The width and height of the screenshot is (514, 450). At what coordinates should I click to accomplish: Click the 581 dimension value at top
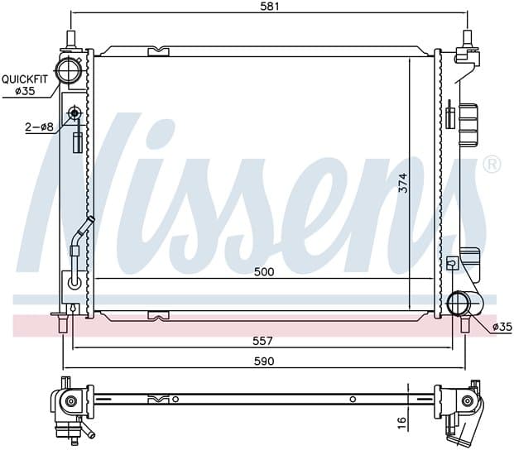(270, 7)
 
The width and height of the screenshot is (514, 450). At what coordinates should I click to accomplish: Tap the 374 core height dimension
(403, 183)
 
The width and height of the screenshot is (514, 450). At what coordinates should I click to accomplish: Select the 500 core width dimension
(264, 272)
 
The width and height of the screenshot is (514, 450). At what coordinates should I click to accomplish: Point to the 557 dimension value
(262, 342)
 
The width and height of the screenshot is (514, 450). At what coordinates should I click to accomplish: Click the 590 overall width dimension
(264, 361)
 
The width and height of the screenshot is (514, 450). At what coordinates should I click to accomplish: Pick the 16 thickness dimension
(402, 423)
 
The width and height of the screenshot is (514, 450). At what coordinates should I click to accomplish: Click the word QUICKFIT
(25, 79)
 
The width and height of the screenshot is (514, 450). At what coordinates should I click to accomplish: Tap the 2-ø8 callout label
(40, 127)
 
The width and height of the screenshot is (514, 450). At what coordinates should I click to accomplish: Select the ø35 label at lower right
(502, 327)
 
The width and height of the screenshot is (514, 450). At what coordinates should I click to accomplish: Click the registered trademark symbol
(492, 165)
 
